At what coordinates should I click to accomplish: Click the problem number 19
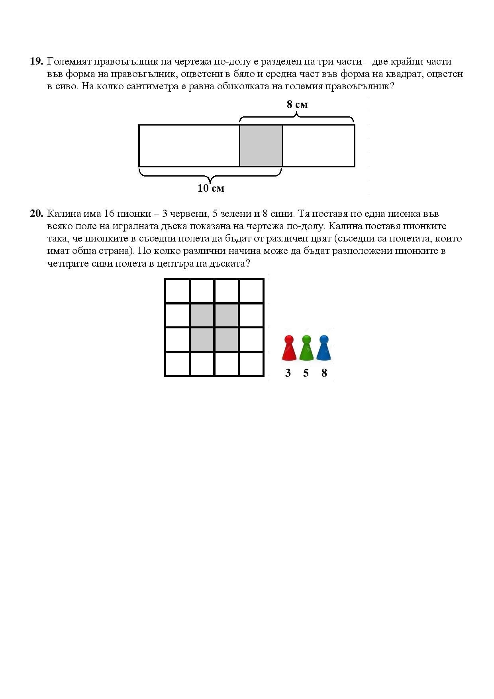tap(36, 61)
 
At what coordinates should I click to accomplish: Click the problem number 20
tap(36, 214)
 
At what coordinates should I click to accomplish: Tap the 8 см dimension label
tap(297, 104)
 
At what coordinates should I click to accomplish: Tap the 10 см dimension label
tap(211, 188)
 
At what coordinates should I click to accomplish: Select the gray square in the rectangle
tap(261, 145)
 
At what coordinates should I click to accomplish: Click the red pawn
tap(288, 348)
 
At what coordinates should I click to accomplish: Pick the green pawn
tap(306, 348)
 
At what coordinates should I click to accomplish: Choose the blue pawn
tap(324, 348)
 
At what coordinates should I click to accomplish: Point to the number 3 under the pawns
tap(288, 373)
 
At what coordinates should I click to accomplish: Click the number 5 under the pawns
tap(306, 373)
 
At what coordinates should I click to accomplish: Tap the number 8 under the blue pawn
tap(324, 373)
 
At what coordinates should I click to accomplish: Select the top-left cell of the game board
tap(178, 291)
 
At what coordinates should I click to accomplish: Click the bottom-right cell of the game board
tap(251, 363)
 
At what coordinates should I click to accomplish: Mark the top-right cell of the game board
tap(251, 291)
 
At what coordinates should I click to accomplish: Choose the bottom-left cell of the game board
tap(178, 363)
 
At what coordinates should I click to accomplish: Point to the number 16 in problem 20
tap(109, 214)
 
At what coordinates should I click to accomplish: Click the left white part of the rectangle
tap(189, 145)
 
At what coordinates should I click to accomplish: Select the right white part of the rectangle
tap(318, 145)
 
